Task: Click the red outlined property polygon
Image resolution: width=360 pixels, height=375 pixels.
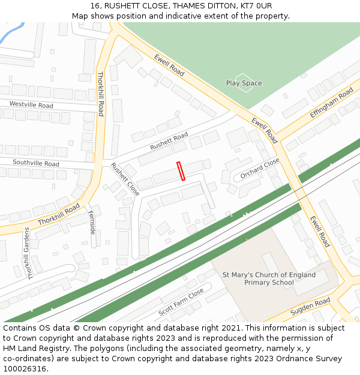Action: click(181, 171)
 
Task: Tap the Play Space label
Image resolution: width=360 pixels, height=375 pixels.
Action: click(244, 83)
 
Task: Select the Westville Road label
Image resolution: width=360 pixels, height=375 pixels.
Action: click(31, 105)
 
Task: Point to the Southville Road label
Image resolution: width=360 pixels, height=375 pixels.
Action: click(36, 163)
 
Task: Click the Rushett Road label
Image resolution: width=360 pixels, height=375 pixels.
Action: click(169, 141)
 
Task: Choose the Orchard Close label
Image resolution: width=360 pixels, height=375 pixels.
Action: click(260, 169)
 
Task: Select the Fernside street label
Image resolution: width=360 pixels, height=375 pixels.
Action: click(92, 222)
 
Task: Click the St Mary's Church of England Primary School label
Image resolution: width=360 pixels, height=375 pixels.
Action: click(269, 278)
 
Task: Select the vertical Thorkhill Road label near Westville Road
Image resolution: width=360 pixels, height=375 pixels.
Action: click(101, 94)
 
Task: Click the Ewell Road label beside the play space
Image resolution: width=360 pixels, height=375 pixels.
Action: click(169, 65)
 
